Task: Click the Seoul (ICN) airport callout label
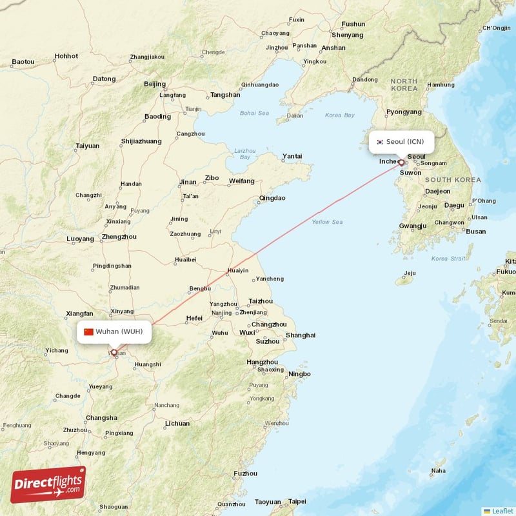tap(401, 142)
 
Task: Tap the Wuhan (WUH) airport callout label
tap(116, 332)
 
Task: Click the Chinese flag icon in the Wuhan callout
tap(89, 332)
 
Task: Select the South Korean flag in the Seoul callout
tap(381, 142)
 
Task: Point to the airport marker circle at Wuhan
tap(115, 352)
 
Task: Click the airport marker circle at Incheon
tap(401, 163)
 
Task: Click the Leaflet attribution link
tap(502, 510)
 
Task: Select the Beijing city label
tap(155, 84)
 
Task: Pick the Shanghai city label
tap(301, 335)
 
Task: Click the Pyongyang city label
tap(404, 112)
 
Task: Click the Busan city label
tap(476, 231)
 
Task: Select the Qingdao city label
tap(272, 198)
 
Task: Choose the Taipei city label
tap(297, 501)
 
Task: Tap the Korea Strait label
tap(448, 259)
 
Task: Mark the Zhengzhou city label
tap(119, 237)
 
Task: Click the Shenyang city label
tap(352, 35)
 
